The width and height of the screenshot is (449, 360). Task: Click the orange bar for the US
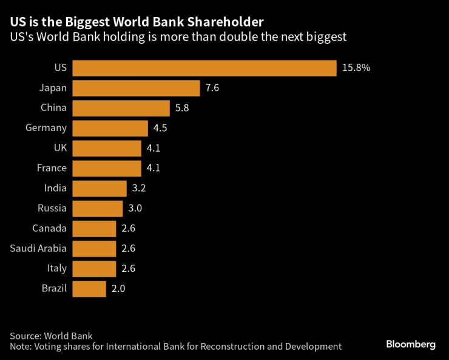(204, 68)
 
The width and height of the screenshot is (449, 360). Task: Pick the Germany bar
(110, 128)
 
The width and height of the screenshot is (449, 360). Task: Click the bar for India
(99, 188)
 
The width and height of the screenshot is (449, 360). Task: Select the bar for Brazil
(89, 288)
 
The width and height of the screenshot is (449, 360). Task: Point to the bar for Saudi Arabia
(94, 248)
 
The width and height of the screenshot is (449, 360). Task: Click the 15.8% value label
(356, 68)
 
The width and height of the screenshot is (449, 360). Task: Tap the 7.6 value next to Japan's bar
(212, 88)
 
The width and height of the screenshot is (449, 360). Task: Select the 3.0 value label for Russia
(135, 208)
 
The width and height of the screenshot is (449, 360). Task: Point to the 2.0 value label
(118, 288)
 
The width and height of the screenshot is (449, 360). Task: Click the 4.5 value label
(160, 128)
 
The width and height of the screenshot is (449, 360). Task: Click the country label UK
(59, 148)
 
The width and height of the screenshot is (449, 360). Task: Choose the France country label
(52, 168)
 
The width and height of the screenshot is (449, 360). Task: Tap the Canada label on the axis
(50, 228)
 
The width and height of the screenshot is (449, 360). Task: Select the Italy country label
(56, 268)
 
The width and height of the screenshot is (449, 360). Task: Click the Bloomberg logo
(411, 344)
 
